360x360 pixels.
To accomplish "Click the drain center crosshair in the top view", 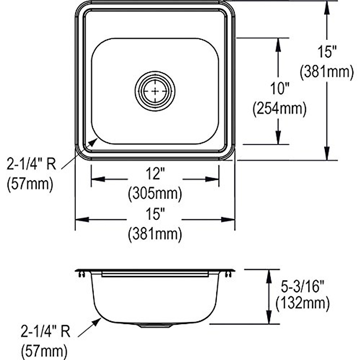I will click(x=155, y=90).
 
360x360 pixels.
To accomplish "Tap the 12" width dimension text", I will click(x=155, y=174).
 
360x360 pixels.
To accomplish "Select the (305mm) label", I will click(x=155, y=194).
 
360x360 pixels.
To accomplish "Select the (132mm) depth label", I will click(x=303, y=303).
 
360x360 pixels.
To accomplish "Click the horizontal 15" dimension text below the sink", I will click(x=155, y=215).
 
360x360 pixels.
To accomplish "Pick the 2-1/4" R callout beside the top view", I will click(x=31, y=164).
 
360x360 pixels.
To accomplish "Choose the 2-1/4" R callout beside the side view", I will click(x=45, y=331).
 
